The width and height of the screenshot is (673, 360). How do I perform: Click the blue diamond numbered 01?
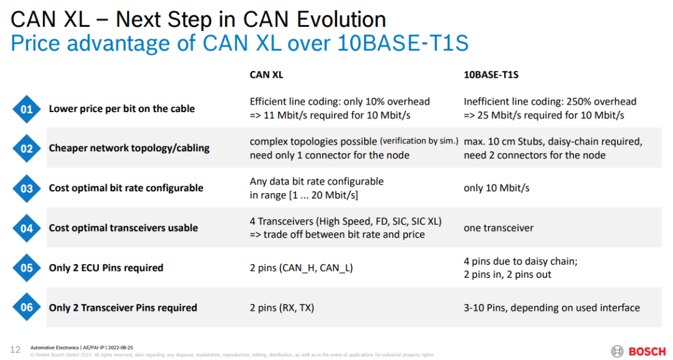(x=27, y=109)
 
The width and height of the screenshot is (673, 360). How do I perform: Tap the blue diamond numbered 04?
(x=27, y=229)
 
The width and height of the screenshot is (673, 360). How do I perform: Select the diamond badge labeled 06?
(x=27, y=307)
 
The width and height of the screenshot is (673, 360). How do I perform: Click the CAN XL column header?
(x=266, y=75)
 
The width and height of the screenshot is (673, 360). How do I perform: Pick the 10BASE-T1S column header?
(x=491, y=75)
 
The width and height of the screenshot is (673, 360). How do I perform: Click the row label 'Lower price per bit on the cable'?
(x=122, y=108)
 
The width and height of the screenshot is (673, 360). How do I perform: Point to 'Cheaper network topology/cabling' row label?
(x=129, y=148)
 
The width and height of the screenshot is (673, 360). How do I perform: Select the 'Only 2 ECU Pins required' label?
(x=106, y=268)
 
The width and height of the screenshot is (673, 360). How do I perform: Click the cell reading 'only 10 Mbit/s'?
(x=497, y=188)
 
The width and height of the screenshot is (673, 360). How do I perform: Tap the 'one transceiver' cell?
(x=499, y=228)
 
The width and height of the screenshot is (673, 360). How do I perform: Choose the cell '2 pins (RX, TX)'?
(x=282, y=308)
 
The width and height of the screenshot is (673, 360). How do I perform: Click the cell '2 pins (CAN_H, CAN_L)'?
(x=302, y=268)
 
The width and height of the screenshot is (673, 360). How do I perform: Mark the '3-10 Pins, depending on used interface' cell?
(x=551, y=308)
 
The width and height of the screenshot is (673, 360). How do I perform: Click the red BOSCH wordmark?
(x=647, y=352)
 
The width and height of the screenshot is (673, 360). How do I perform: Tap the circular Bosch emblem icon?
(x=617, y=351)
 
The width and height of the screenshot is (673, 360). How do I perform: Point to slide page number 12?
(x=15, y=349)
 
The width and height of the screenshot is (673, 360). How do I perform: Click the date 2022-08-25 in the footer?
(x=121, y=348)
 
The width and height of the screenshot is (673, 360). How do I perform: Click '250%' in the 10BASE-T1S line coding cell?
(x=578, y=102)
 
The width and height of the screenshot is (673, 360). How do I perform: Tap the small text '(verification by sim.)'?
(x=419, y=141)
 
